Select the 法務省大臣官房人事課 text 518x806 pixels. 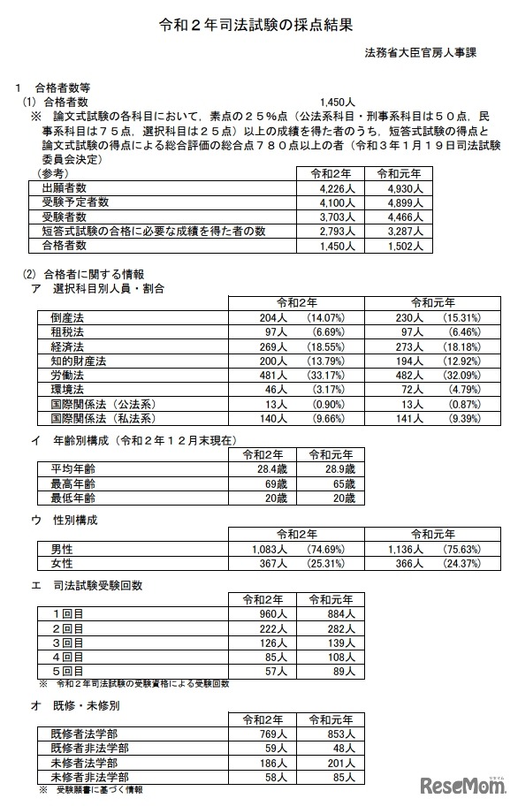[x=421, y=52]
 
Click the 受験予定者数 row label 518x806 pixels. [x=75, y=202]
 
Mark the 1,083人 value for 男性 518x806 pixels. [x=266, y=549]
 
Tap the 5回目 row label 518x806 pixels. [x=68, y=672]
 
